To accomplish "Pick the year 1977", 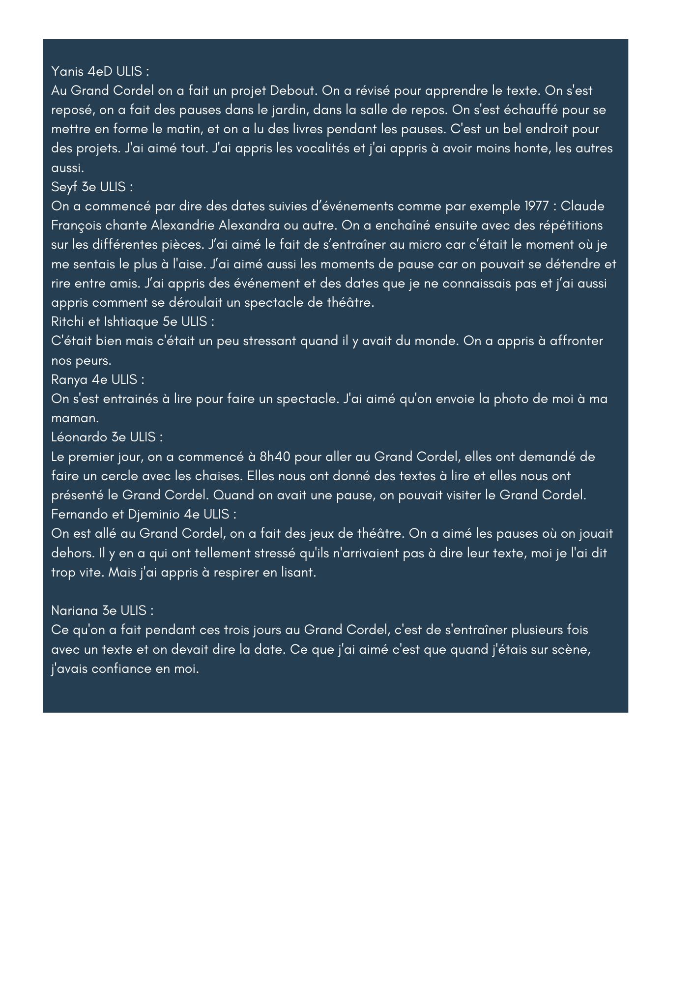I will pyautogui.click(x=538, y=206).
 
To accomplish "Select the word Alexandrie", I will pyautogui.click(x=183, y=226).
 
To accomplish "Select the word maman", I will pyautogui.click(x=74, y=418).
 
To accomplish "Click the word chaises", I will pyautogui.click(x=218, y=476).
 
